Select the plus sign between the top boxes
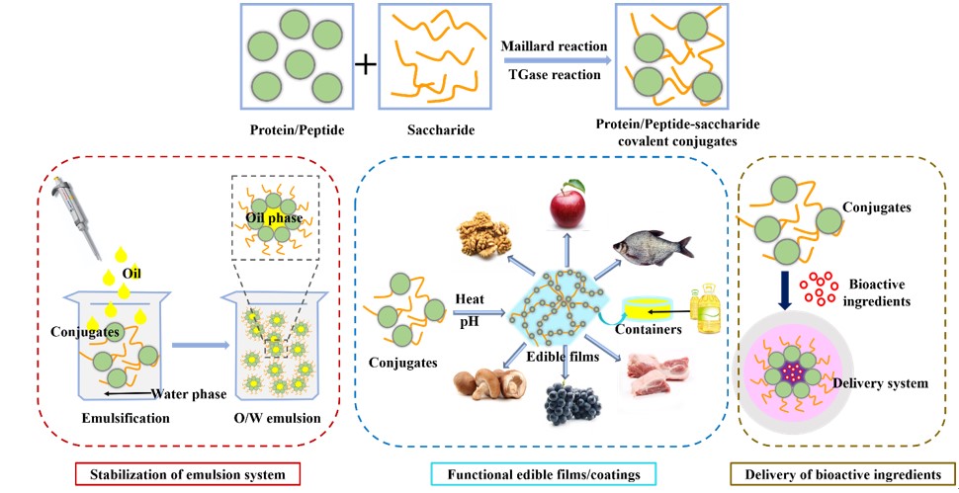point(366,65)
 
